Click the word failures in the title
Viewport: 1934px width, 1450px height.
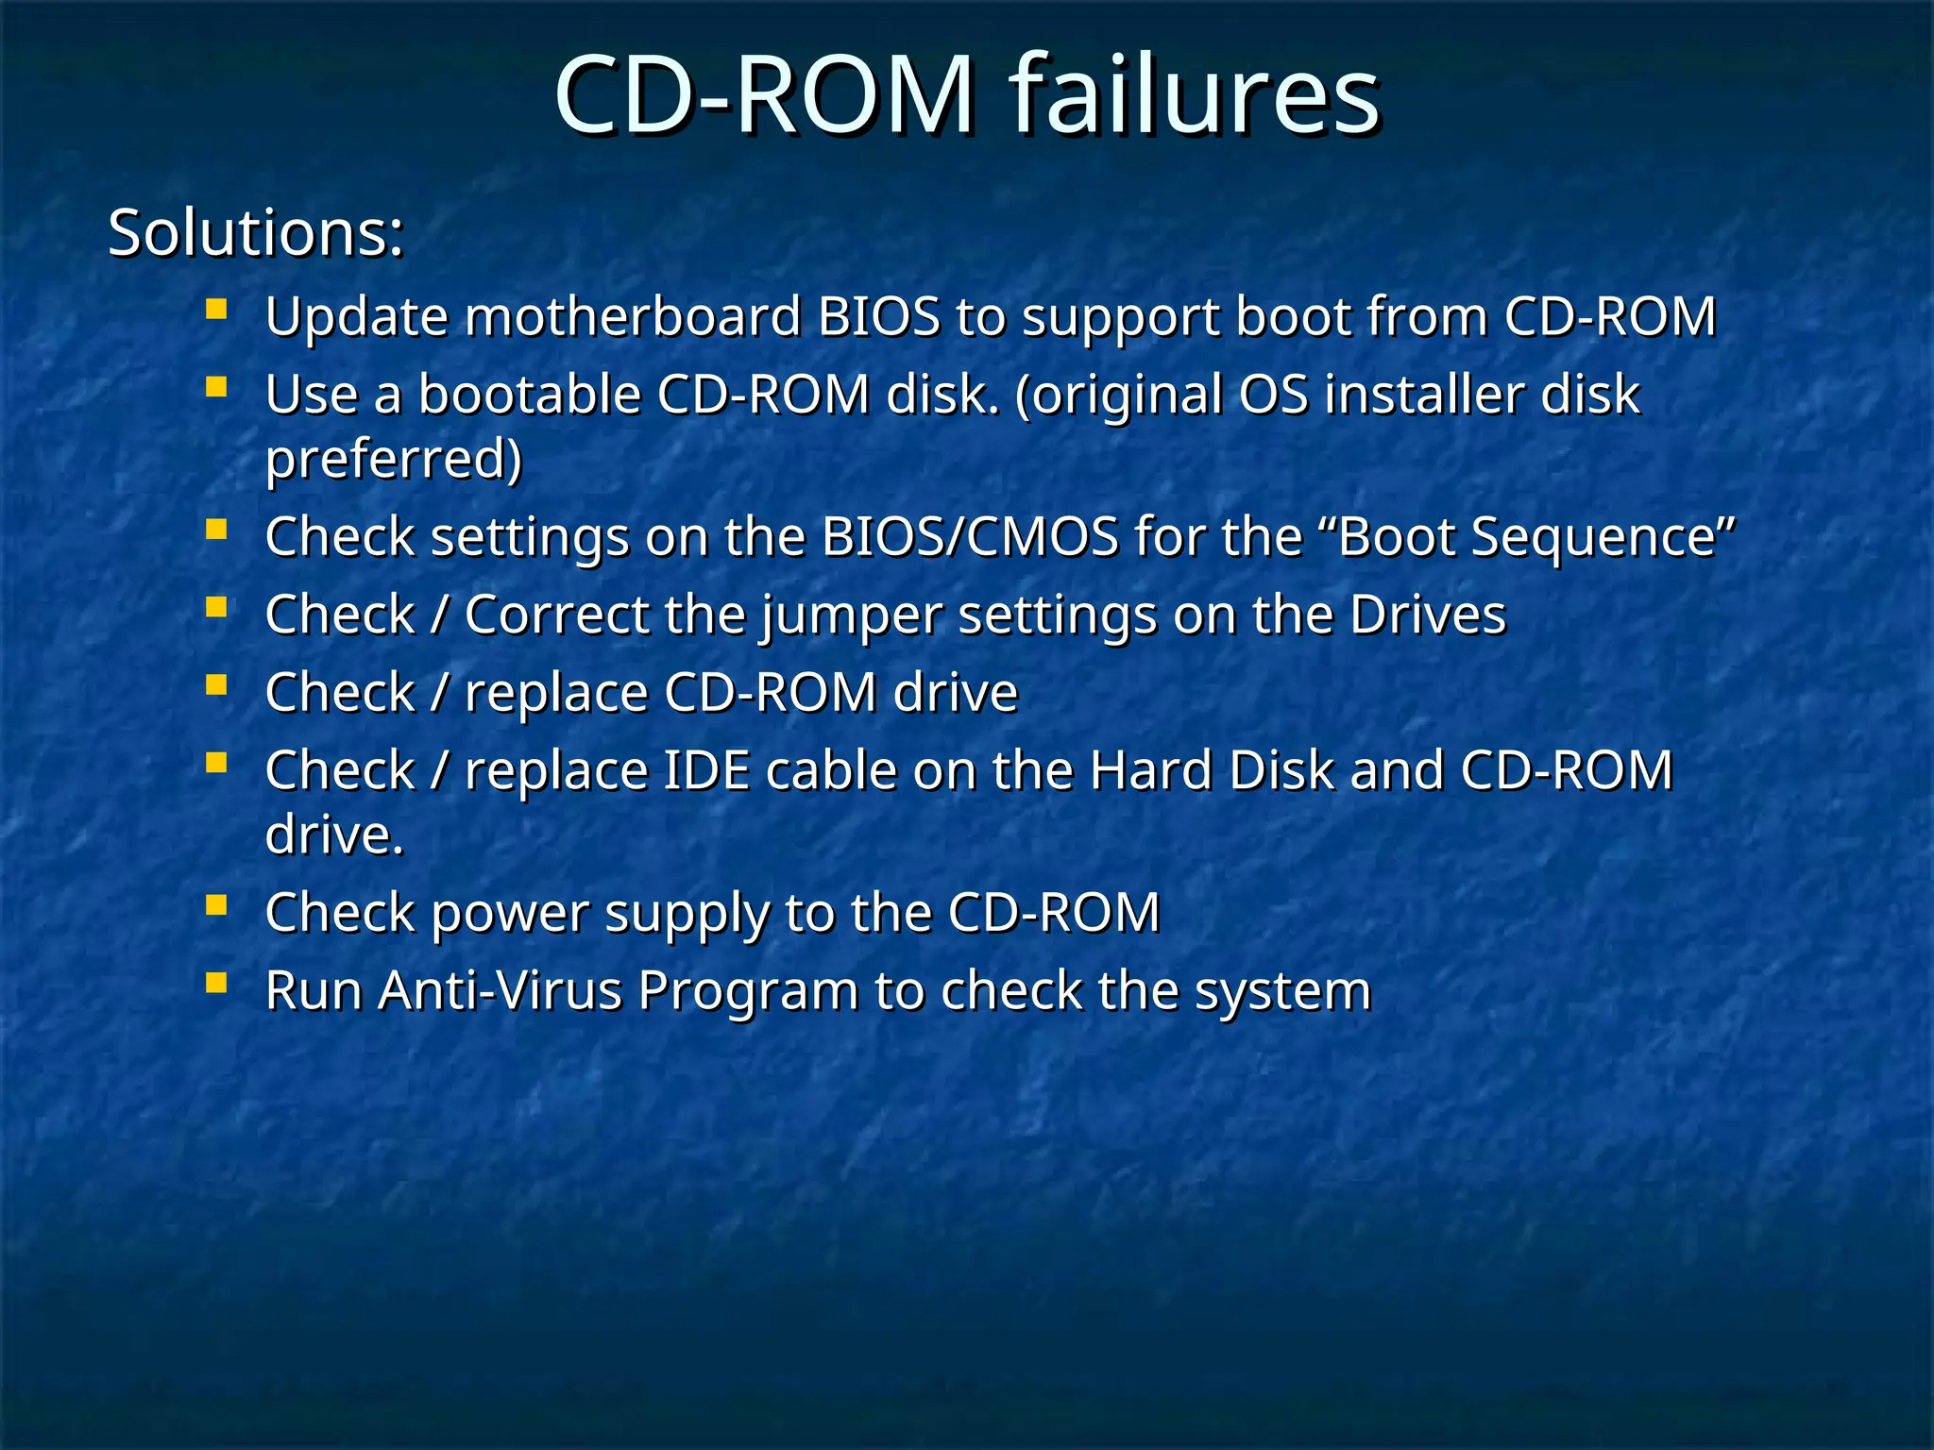1195,94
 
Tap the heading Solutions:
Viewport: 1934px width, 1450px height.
256,232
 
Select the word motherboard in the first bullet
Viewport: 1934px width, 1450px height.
633,316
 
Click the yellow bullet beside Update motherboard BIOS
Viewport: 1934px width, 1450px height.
216,309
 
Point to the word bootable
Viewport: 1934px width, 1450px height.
530,394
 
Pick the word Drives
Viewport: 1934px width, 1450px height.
1427,615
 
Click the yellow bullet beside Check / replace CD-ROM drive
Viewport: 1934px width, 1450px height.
216,684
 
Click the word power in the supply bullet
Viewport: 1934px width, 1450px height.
510,914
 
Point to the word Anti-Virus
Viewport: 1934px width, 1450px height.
500,991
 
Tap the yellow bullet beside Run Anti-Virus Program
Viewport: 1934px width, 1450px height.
216,984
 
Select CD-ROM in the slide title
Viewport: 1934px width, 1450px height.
765,94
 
